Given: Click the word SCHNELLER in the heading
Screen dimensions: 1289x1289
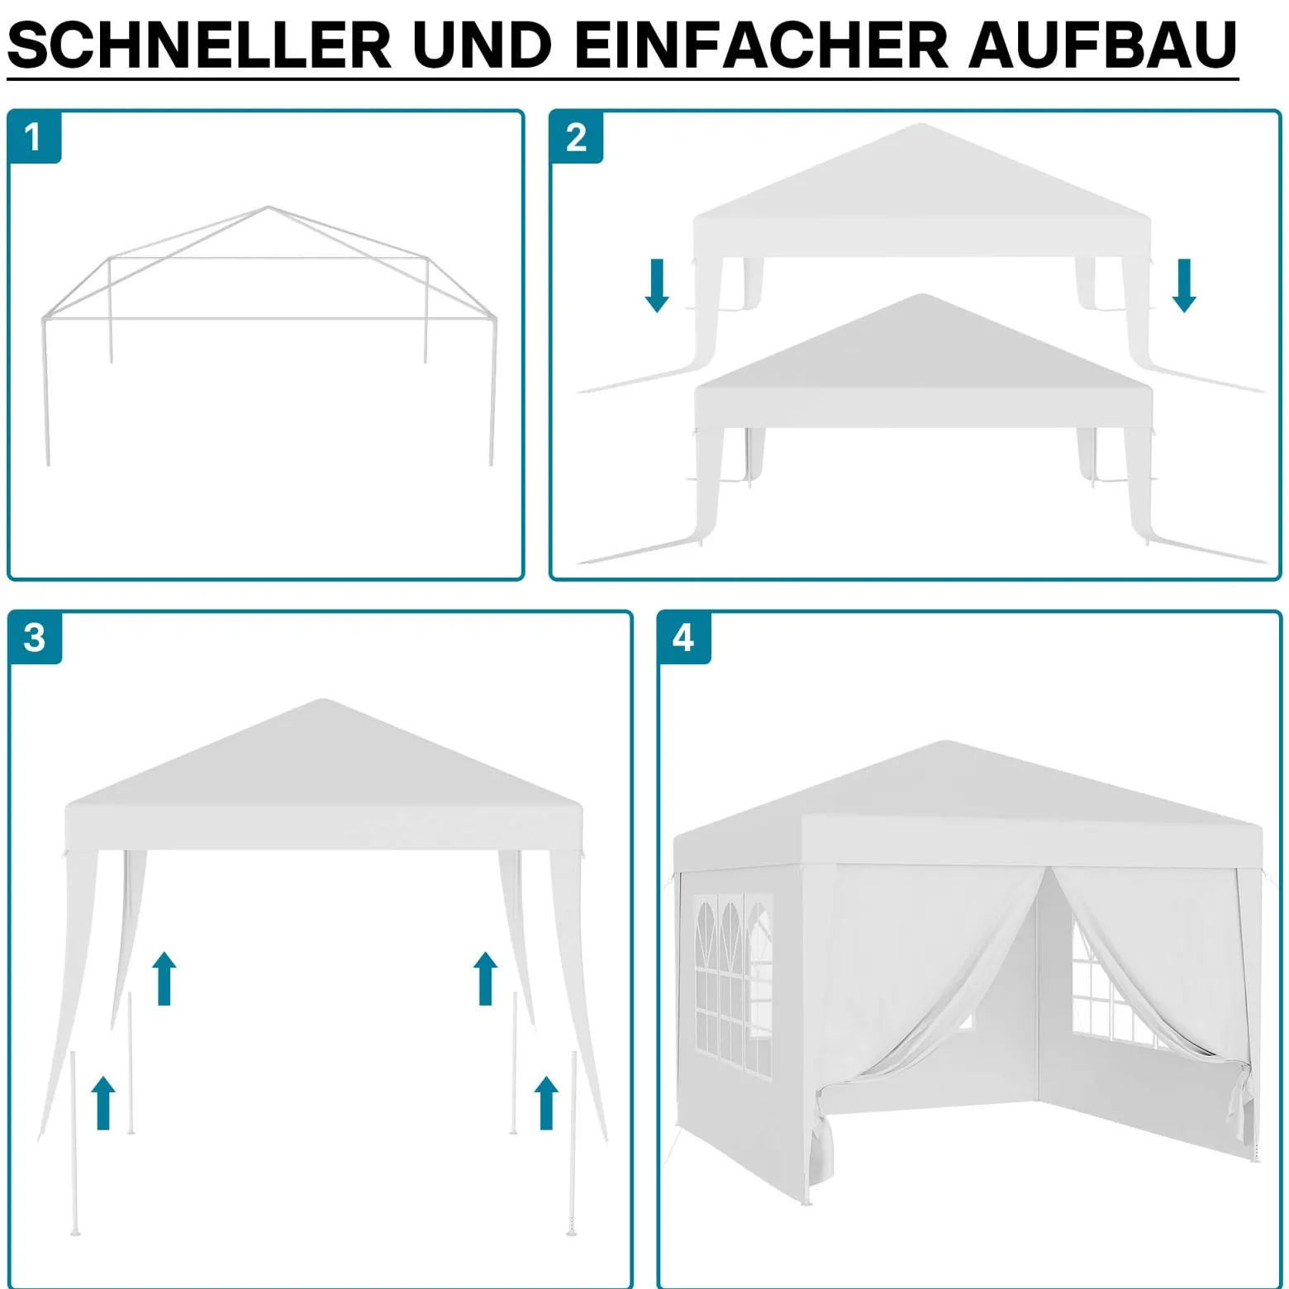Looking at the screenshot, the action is coord(199,45).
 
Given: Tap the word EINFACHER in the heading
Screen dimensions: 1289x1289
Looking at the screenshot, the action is coord(761,45).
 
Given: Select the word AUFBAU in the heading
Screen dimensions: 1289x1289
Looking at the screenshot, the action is coord(1102,45).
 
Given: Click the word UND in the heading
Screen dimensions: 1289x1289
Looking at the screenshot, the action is coord(483,45).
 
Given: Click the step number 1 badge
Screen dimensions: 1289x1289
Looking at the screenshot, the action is coord(34,136).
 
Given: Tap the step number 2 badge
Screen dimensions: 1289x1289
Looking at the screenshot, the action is coord(576,136).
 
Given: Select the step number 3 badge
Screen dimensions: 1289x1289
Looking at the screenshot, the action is coord(35,637).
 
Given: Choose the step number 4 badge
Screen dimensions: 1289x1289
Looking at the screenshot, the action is coord(683,637).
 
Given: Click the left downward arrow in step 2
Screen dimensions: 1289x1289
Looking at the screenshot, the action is coord(657,286).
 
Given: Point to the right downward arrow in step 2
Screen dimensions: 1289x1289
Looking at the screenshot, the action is coord(1184,286).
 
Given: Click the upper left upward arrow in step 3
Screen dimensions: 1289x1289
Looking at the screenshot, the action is coord(164,978).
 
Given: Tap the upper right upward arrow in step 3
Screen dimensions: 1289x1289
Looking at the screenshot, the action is coord(485,978).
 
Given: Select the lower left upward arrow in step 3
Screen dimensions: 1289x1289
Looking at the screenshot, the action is coord(103,1103).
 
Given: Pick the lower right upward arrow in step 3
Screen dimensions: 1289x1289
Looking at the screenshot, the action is coord(546,1103).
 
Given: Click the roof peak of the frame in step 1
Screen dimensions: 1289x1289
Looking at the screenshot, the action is coord(268,207).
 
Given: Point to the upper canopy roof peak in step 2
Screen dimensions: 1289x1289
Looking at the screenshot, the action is coord(920,126).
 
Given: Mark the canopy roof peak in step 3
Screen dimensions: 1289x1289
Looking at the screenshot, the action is coord(323,702).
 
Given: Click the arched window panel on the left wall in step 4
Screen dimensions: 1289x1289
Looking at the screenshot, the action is coord(733,983).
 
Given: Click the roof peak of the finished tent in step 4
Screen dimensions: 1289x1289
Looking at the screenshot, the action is coord(944,742).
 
